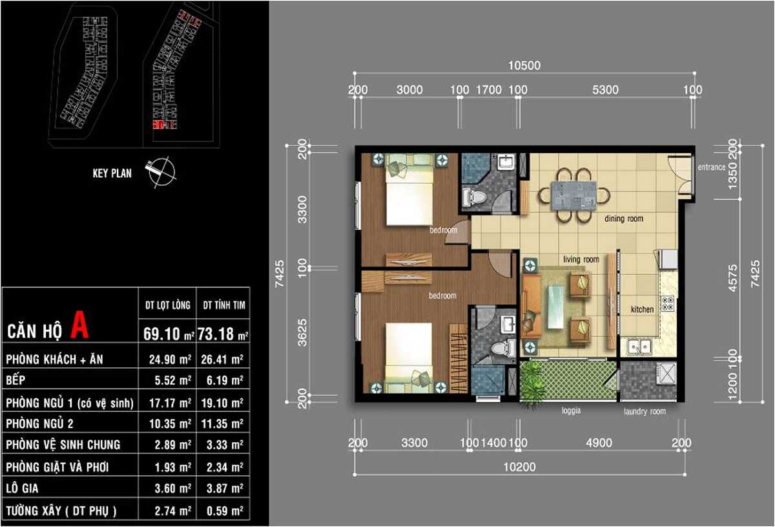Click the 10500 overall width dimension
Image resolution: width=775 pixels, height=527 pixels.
coord(524,65)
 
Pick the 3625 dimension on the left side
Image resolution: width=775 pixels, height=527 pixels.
coord(302,332)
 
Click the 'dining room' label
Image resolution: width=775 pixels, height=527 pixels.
coord(623,219)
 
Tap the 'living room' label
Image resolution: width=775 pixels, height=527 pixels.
coord(581,259)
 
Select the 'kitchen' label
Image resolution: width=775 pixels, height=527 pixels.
coord(642,310)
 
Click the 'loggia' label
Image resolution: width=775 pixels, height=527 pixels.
coord(571,411)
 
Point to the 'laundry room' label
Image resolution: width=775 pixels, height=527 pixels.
coord(644,411)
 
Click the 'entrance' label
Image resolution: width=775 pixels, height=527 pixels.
coord(712,167)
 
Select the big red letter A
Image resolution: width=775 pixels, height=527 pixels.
coord(79,325)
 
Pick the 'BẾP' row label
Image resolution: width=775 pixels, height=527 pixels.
coord(17,381)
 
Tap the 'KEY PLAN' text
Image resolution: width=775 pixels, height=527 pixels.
coord(112,173)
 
